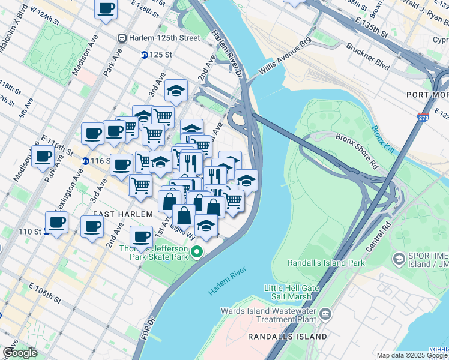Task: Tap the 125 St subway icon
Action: [x=145, y=55]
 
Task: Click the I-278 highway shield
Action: [x=424, y=118]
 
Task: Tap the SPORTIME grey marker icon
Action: [x=398, y=259]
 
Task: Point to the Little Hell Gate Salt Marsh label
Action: [x=288, y=292]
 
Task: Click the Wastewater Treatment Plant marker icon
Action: [x=325, y=314]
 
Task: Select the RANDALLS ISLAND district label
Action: [x=288, y=337]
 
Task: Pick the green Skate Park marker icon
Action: [x=195, y=252]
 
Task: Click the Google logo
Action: [x=20, y=353]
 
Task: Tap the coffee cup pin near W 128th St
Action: [x=106, y=8]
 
